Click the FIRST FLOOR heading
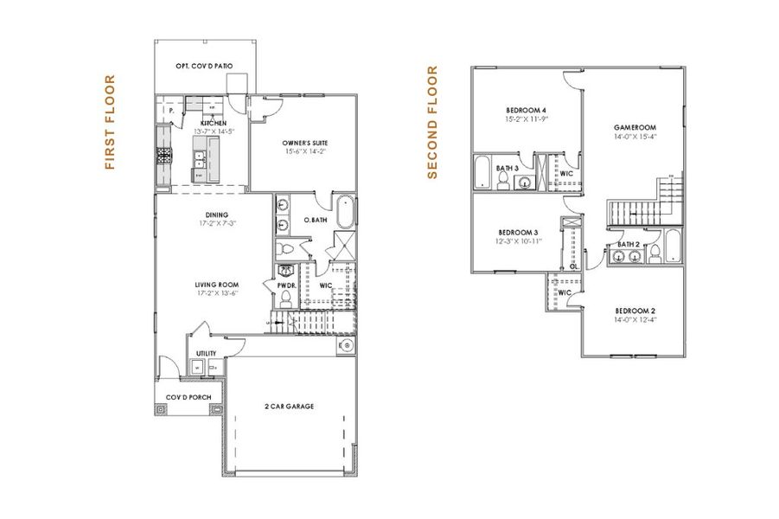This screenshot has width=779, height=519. coord(110,122)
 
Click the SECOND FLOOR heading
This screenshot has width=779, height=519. coord(433,123)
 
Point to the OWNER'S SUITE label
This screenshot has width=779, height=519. coord(304,143)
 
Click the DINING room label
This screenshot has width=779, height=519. coord(216,215)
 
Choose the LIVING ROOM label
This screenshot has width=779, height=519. coord(216,285)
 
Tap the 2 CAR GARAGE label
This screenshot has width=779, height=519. coord(289,406)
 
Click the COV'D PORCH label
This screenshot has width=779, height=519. coord(188,397)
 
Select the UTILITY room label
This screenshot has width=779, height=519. coord(206,353)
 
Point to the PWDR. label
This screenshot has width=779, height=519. coord(286,285)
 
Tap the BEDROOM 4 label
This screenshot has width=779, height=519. coord(526,111)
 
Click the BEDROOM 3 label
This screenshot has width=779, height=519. coord(519,232)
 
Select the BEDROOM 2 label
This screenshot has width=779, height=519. coord(635,311)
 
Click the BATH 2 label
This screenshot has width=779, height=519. coord(629,245)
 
